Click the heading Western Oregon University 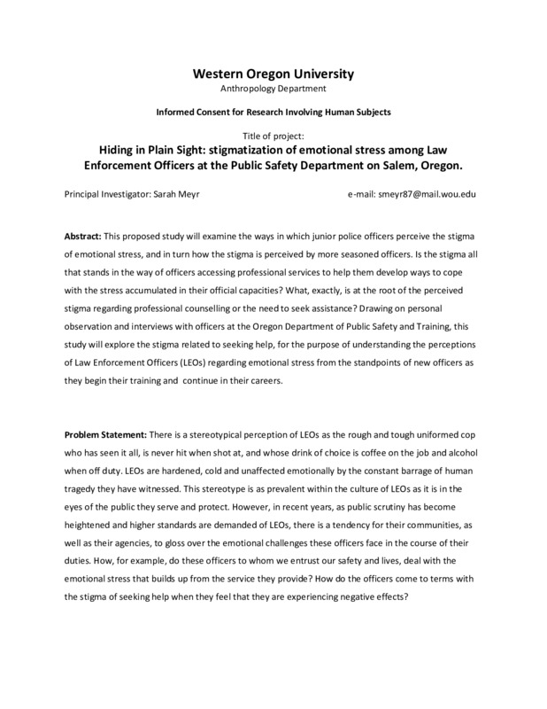(x=273, y=74)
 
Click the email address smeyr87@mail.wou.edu (x=426, y=193)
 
